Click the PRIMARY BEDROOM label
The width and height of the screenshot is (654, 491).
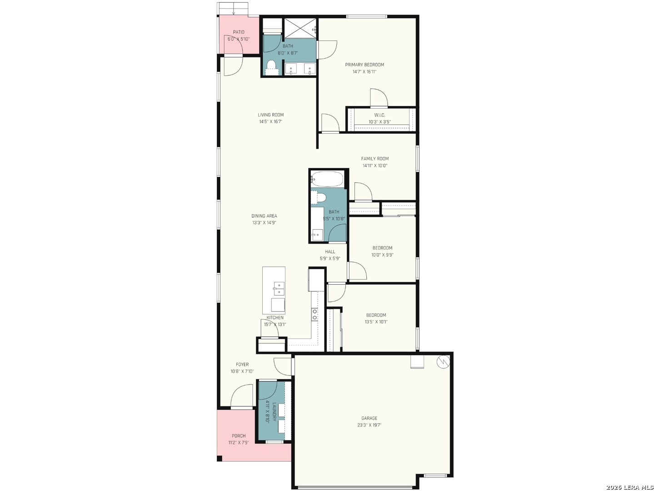click(x=364, y=65)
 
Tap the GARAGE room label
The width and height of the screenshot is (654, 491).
click(x=369, y=418)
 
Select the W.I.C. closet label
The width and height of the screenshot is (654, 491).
click(x=379, y=115)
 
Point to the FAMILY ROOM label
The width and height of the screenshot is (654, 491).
click(x=375, y=159)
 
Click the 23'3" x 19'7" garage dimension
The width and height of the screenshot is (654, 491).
click(x=369, y=425)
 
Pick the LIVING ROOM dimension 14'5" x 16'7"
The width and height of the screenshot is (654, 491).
click(x=270, y=121)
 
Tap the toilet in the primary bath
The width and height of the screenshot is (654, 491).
click(x=271, y=67)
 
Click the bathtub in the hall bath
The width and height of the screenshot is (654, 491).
click(x=327, y=179)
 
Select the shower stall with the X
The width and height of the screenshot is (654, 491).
click(x=300, y=28)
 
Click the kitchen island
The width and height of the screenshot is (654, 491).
click(x=274, y=290)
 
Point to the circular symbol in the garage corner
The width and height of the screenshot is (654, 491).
click(x=443, y=362)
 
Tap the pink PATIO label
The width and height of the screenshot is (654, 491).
click(x=239, y=32)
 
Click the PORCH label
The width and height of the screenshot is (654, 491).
click(x=239, y=436)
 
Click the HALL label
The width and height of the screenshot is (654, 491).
click(x=330, y=252)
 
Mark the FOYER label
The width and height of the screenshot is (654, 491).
click(x=242, y=364)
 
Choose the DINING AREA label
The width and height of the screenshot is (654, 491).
click(x=264, y=216)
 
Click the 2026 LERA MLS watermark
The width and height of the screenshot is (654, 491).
click(x=629, y=487)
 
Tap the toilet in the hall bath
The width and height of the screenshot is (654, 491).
click(x=319, y=197)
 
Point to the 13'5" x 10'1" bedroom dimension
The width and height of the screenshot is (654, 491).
click(x=376, y=322)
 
